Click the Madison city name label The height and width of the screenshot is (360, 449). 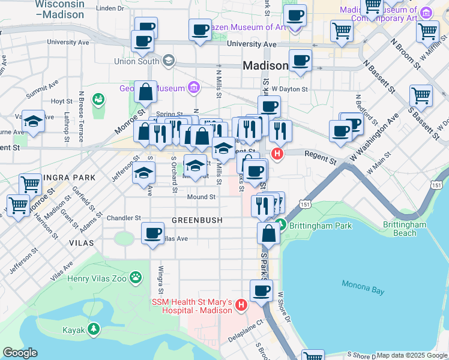click(265, 65)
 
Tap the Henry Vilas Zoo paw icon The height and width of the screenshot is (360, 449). click(137, 277)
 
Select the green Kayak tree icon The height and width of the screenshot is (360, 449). click(93, 329)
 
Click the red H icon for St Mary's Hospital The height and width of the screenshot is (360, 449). click(241, 305)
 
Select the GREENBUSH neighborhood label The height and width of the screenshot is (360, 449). click(197, 220)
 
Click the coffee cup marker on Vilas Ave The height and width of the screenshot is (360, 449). click(153, 232)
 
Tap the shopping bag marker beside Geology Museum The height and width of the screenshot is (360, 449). click(145, 92)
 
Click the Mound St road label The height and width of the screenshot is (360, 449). click(201, 197)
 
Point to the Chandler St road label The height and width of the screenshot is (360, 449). click(123, 218)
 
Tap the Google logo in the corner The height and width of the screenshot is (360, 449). click(20, 353)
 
